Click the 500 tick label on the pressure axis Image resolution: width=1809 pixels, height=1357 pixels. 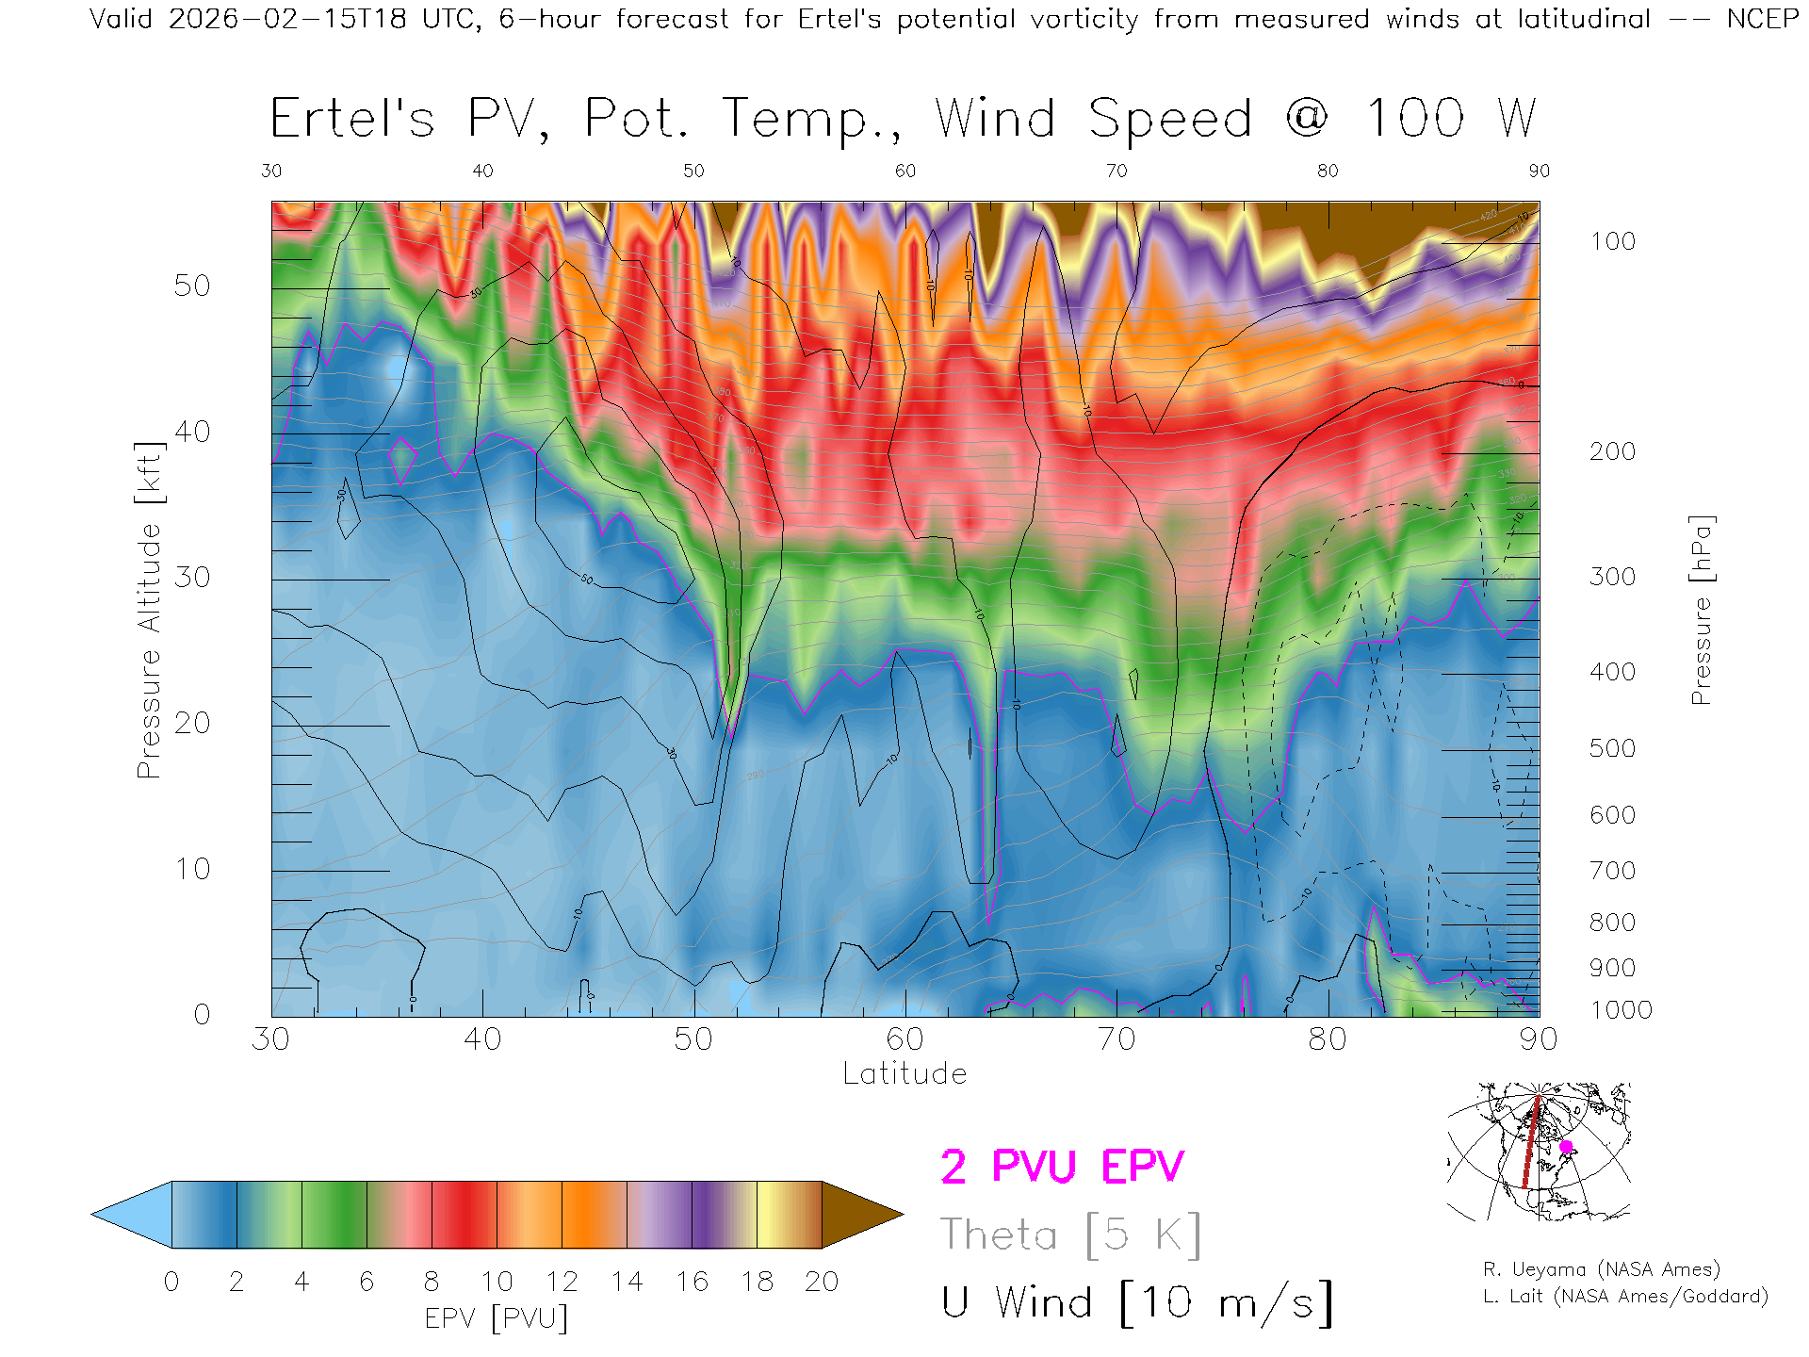coord(1612,748)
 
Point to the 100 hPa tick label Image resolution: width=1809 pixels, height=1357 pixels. coord(1612,241)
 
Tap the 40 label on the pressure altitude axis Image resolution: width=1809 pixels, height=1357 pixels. coord(192,432)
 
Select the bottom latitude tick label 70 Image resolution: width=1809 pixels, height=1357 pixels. coord(1116,1039)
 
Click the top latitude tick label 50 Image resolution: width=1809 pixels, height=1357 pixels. coord(693,171)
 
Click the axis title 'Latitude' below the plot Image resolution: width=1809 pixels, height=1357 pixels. coord(904,1073)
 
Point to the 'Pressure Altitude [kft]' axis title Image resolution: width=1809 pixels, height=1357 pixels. coord(149,611)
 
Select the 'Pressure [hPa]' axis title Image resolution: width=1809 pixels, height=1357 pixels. coord(1701,611)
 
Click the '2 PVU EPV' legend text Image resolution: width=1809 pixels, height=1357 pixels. coord(1062,1167)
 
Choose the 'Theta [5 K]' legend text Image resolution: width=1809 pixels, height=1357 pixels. coord(1070,1234)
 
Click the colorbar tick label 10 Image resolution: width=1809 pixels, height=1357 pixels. coord(497,1282)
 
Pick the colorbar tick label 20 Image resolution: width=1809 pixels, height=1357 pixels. coord(822,1282)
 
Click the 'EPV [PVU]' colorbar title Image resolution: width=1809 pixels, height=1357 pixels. coord(497,1317)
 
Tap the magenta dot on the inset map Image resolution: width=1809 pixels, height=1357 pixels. coord(1566,1147)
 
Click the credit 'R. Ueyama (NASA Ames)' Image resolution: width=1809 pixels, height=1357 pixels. coord(1601,1269)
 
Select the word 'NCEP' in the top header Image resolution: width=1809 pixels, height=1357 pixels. coord(1762,19)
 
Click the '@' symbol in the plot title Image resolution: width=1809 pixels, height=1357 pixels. coord(1307,119)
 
